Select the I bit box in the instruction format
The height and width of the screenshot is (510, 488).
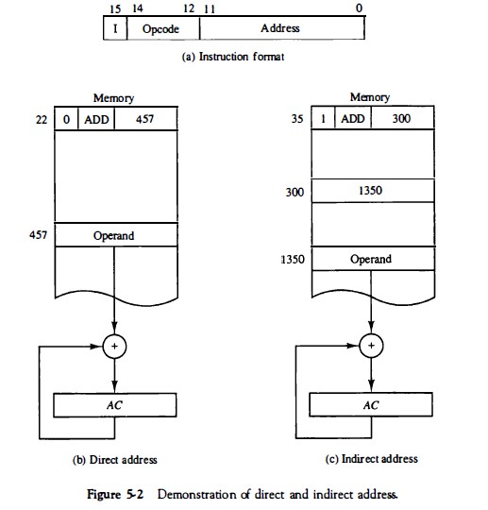point(113,28)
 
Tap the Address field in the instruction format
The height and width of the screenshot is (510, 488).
point(280,28)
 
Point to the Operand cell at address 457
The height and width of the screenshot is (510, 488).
point(116,234)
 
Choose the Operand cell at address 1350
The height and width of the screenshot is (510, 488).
point(371,259)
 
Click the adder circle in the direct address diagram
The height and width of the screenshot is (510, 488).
point(116,347)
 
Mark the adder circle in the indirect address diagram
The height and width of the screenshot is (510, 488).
point(371,347)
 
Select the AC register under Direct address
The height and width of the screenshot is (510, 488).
point(116,404)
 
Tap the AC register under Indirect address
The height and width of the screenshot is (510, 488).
point(371,404)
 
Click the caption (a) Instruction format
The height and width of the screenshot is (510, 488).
point(233,58)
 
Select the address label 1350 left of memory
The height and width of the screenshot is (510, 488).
point(295,259)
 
